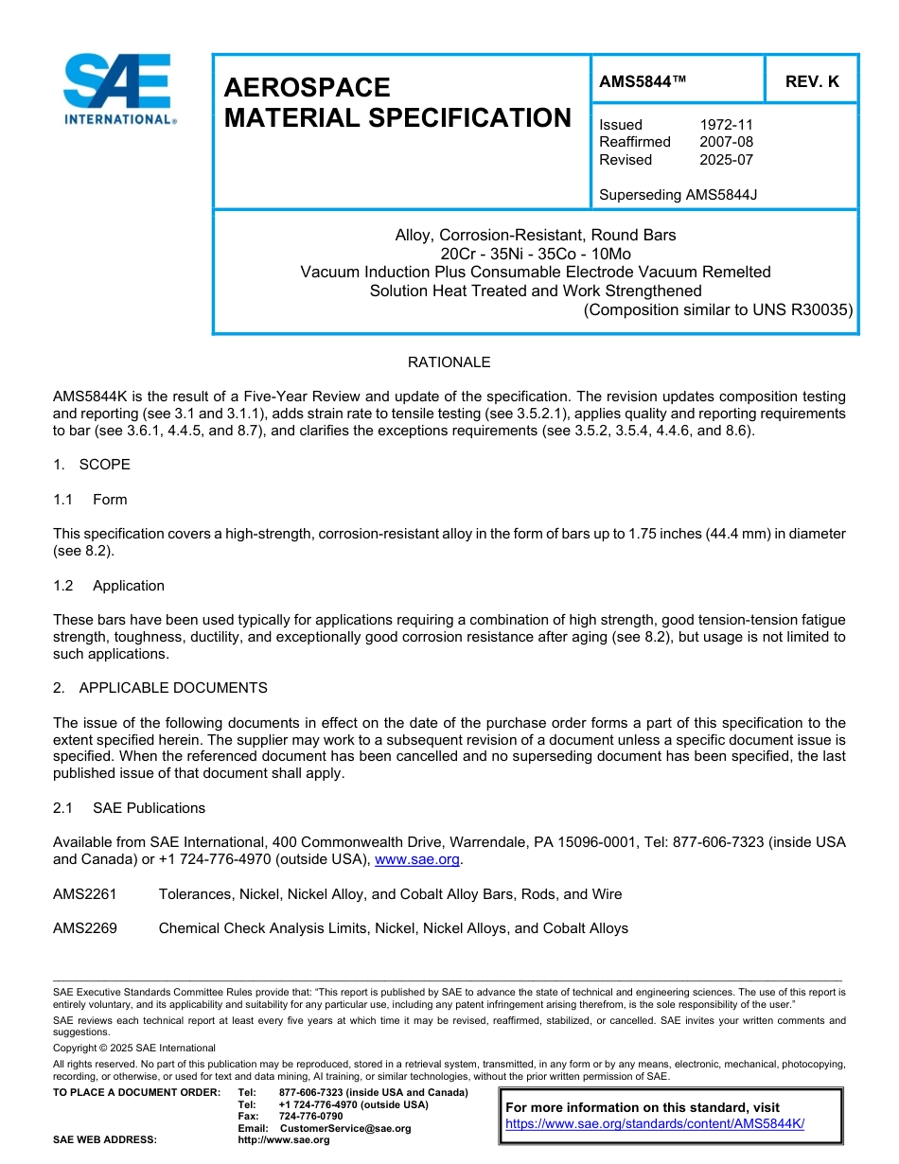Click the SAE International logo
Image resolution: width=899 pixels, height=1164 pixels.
click(x=117, y=89)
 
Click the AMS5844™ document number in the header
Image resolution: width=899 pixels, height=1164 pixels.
click(x=643, y=82)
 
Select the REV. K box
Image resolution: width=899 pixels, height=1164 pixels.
click(x=811, y=82)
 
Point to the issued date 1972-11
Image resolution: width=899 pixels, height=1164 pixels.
click(x=726, y=125)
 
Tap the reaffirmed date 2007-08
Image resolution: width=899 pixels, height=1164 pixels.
click(x=726, y=142)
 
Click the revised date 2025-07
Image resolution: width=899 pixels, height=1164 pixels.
click(x=726, y=160)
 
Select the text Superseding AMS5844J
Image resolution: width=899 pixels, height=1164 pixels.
click(x=678, y=195)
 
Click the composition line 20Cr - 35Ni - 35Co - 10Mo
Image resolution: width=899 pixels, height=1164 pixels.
click(x=536, y=254)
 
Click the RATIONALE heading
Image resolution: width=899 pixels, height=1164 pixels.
click(x=449, y=362)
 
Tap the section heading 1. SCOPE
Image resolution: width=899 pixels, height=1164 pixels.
click(x=92, y=465)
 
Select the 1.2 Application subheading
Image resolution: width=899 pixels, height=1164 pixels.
click(x=109, y=586)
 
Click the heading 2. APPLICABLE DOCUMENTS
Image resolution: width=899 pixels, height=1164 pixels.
click(x=160, y=688)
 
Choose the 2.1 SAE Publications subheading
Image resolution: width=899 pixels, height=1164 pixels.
click(x=129, y=808)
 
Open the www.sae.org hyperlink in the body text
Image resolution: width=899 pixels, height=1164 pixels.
click(x=417, y=860)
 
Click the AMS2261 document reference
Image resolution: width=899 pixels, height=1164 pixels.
click(x=85, y=894)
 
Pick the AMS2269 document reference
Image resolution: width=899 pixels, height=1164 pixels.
click(x=85, y=928)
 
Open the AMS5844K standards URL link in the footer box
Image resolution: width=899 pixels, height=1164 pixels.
click(x=655, y=1123)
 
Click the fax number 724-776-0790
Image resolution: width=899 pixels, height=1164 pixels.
click(x=311, y=1117)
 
